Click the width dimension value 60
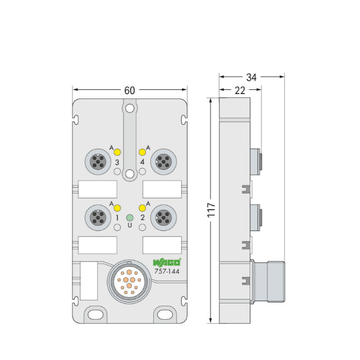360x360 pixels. pos(130,90)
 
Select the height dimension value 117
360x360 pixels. pos(211,210)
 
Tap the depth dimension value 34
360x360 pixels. pos(251,77)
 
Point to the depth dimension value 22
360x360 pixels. pos(240,90)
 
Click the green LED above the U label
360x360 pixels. pos(130,217)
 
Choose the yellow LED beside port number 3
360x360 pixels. pos(117,152)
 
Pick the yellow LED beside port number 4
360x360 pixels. pos(143,152)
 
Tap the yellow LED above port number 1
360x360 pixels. pos(117,208)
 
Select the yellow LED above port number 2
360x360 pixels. pos(143,208)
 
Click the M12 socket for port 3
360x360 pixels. pos(98,162)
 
